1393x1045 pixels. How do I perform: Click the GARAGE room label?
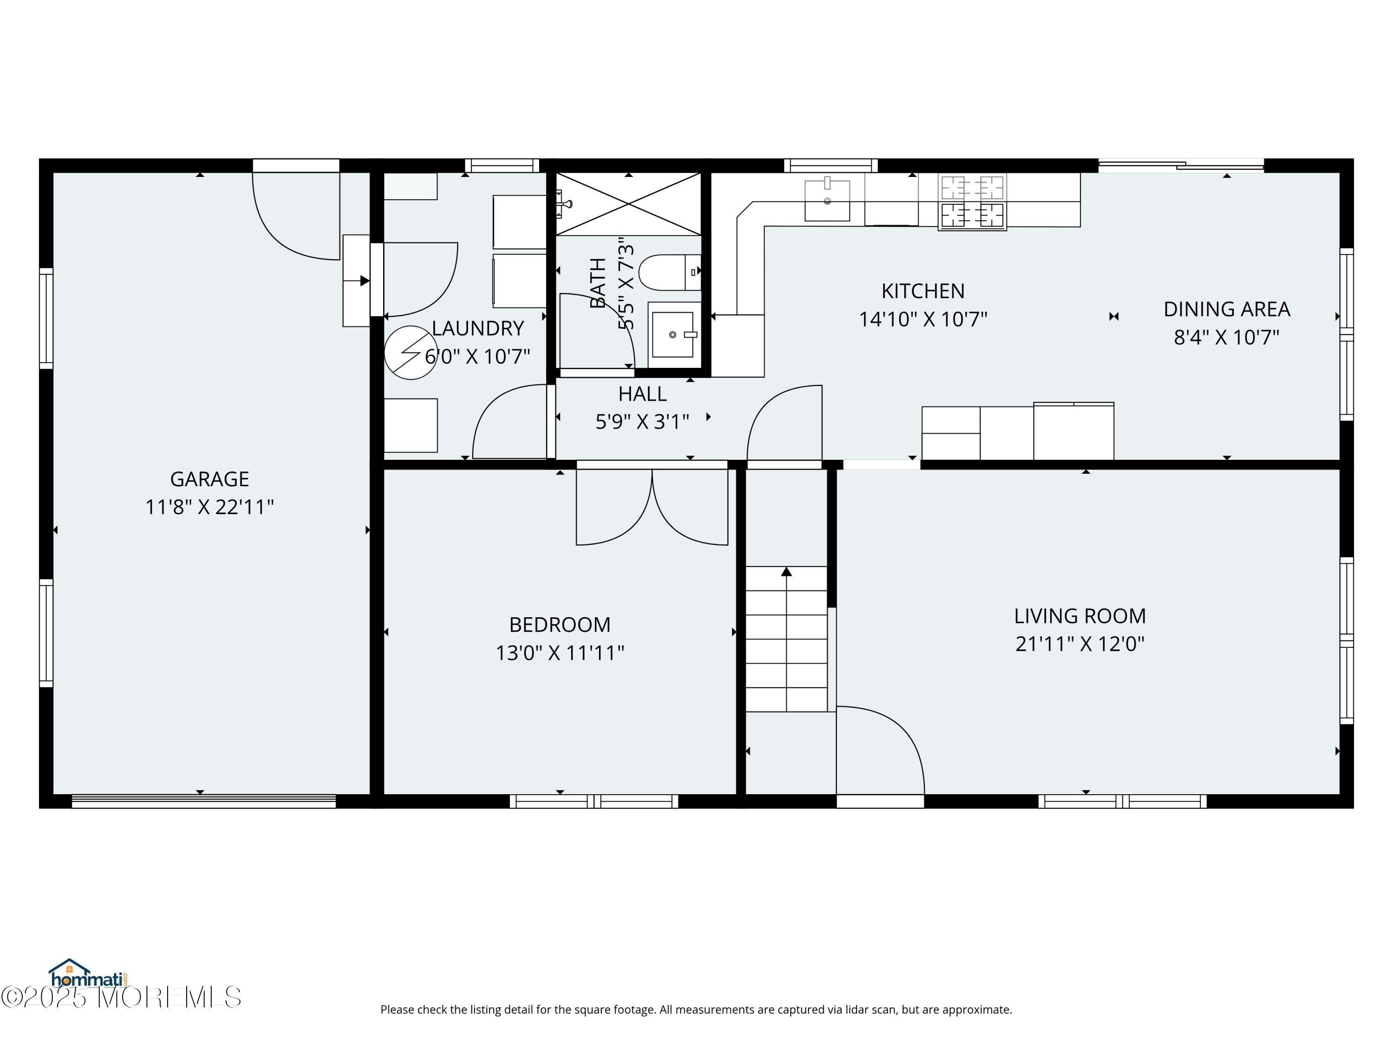click(x=210, y=479)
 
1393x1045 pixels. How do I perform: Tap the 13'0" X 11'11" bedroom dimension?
click(x=560, y=653)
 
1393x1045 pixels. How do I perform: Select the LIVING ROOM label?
click(x=1080, y=616)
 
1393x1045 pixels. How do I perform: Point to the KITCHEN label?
click(x=923, y=291)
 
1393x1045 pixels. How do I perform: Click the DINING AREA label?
click(x=1227, y=309)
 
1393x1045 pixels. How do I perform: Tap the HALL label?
click(x=642, y=394)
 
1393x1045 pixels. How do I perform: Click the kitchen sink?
click(x=827, y=200)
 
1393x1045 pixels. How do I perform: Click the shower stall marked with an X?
click(x=629, y=204)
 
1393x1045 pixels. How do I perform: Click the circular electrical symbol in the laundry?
click(x=410, y=353)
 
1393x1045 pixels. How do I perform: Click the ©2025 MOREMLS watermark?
click(x=121, y=997)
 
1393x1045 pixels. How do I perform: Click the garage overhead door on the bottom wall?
click(x=203, y=801)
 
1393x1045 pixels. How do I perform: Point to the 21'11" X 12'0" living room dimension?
click(x=1080, y=644)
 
